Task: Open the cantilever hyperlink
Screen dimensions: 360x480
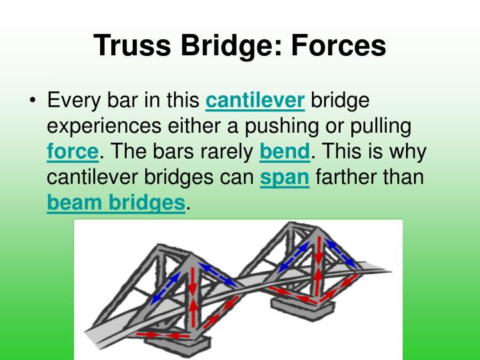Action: [x=255, y=101]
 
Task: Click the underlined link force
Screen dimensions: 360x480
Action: [x=73, y=151]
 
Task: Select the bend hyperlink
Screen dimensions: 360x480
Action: [x=285, y=151]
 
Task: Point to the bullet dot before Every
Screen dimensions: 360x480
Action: [x=33, y=102]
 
